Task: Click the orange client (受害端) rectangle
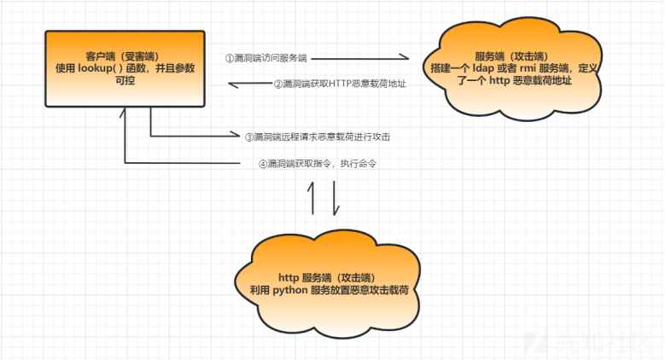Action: pyautogui.click(x=125, y=69)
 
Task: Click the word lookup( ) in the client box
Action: pyautogui.click(x=107, y=69)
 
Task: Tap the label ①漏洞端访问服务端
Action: pyautogui.click(x=266, y=58)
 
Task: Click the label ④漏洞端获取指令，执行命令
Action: pyautogui.click(x=318, y=164)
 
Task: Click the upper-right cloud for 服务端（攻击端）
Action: pyautogui.click(x=513, y=64)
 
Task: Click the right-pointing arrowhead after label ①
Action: pyautogui.click(x=406, y=58)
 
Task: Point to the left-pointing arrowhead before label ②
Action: pyautogui.click(x=231, y=84)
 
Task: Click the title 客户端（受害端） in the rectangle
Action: pyautogui.click(x=124, y=55)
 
